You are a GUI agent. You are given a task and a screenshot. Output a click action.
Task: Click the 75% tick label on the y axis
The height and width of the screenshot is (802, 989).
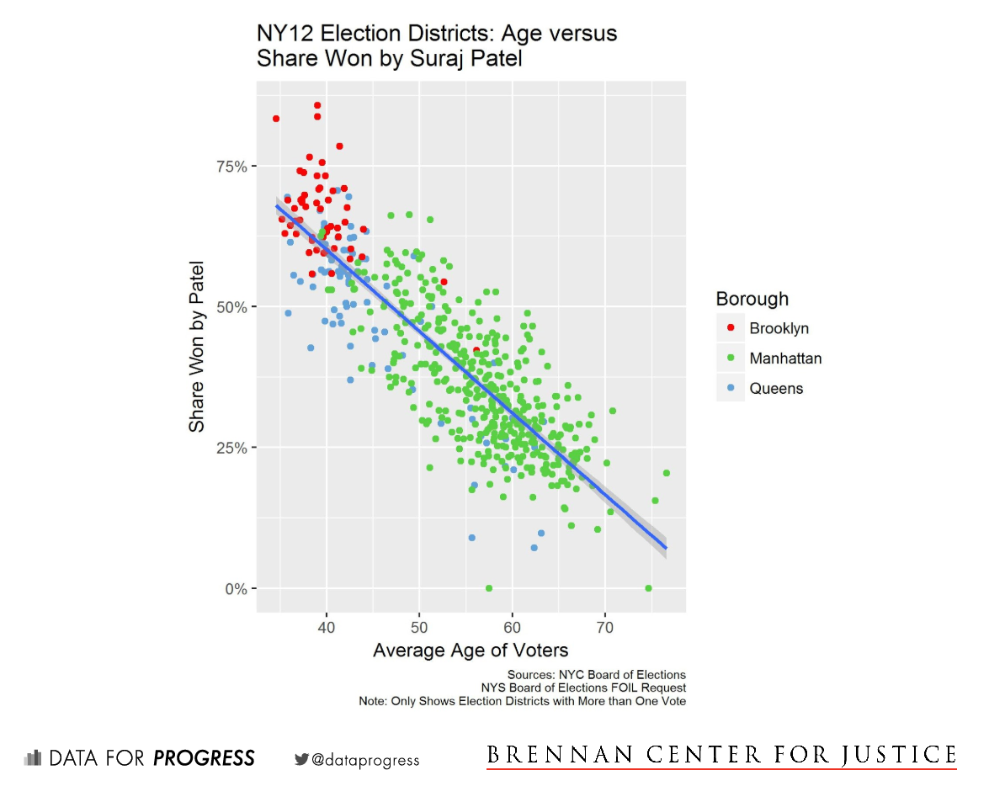coord(230,167)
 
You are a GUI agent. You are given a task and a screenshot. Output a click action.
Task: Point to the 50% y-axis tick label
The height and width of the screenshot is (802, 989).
coord(230,307)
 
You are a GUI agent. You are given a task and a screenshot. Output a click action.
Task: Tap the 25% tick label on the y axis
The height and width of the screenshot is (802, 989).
coord(230,448)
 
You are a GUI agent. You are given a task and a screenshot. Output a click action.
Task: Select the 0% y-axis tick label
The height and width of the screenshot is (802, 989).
coord(234,588)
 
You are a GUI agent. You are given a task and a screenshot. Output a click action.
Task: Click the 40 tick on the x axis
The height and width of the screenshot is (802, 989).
coord(327,627)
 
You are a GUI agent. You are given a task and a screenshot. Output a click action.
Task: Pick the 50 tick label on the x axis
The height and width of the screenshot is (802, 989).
coord(419,627)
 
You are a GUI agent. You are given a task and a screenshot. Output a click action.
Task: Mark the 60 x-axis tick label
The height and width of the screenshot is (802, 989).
coord(512,627)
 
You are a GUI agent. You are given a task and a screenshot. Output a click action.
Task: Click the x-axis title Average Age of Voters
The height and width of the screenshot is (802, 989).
coord(471,651)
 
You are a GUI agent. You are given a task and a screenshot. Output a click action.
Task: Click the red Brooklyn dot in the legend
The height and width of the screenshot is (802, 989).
coord(731,327)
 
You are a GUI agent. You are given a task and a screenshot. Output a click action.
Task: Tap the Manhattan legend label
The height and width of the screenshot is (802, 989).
coord(785,359)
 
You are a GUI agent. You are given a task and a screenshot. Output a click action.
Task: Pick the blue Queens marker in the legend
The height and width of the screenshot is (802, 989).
coord(731,388)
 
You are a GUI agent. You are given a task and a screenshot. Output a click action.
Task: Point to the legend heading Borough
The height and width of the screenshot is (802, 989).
coord(752,299)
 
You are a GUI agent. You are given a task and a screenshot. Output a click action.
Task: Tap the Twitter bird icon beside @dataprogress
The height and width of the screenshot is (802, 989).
coord(301,759)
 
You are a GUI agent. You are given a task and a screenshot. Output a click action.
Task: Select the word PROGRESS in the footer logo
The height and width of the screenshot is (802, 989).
coord(204,758)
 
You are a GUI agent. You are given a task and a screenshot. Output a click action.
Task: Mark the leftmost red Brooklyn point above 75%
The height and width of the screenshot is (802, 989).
coord(276,119)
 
